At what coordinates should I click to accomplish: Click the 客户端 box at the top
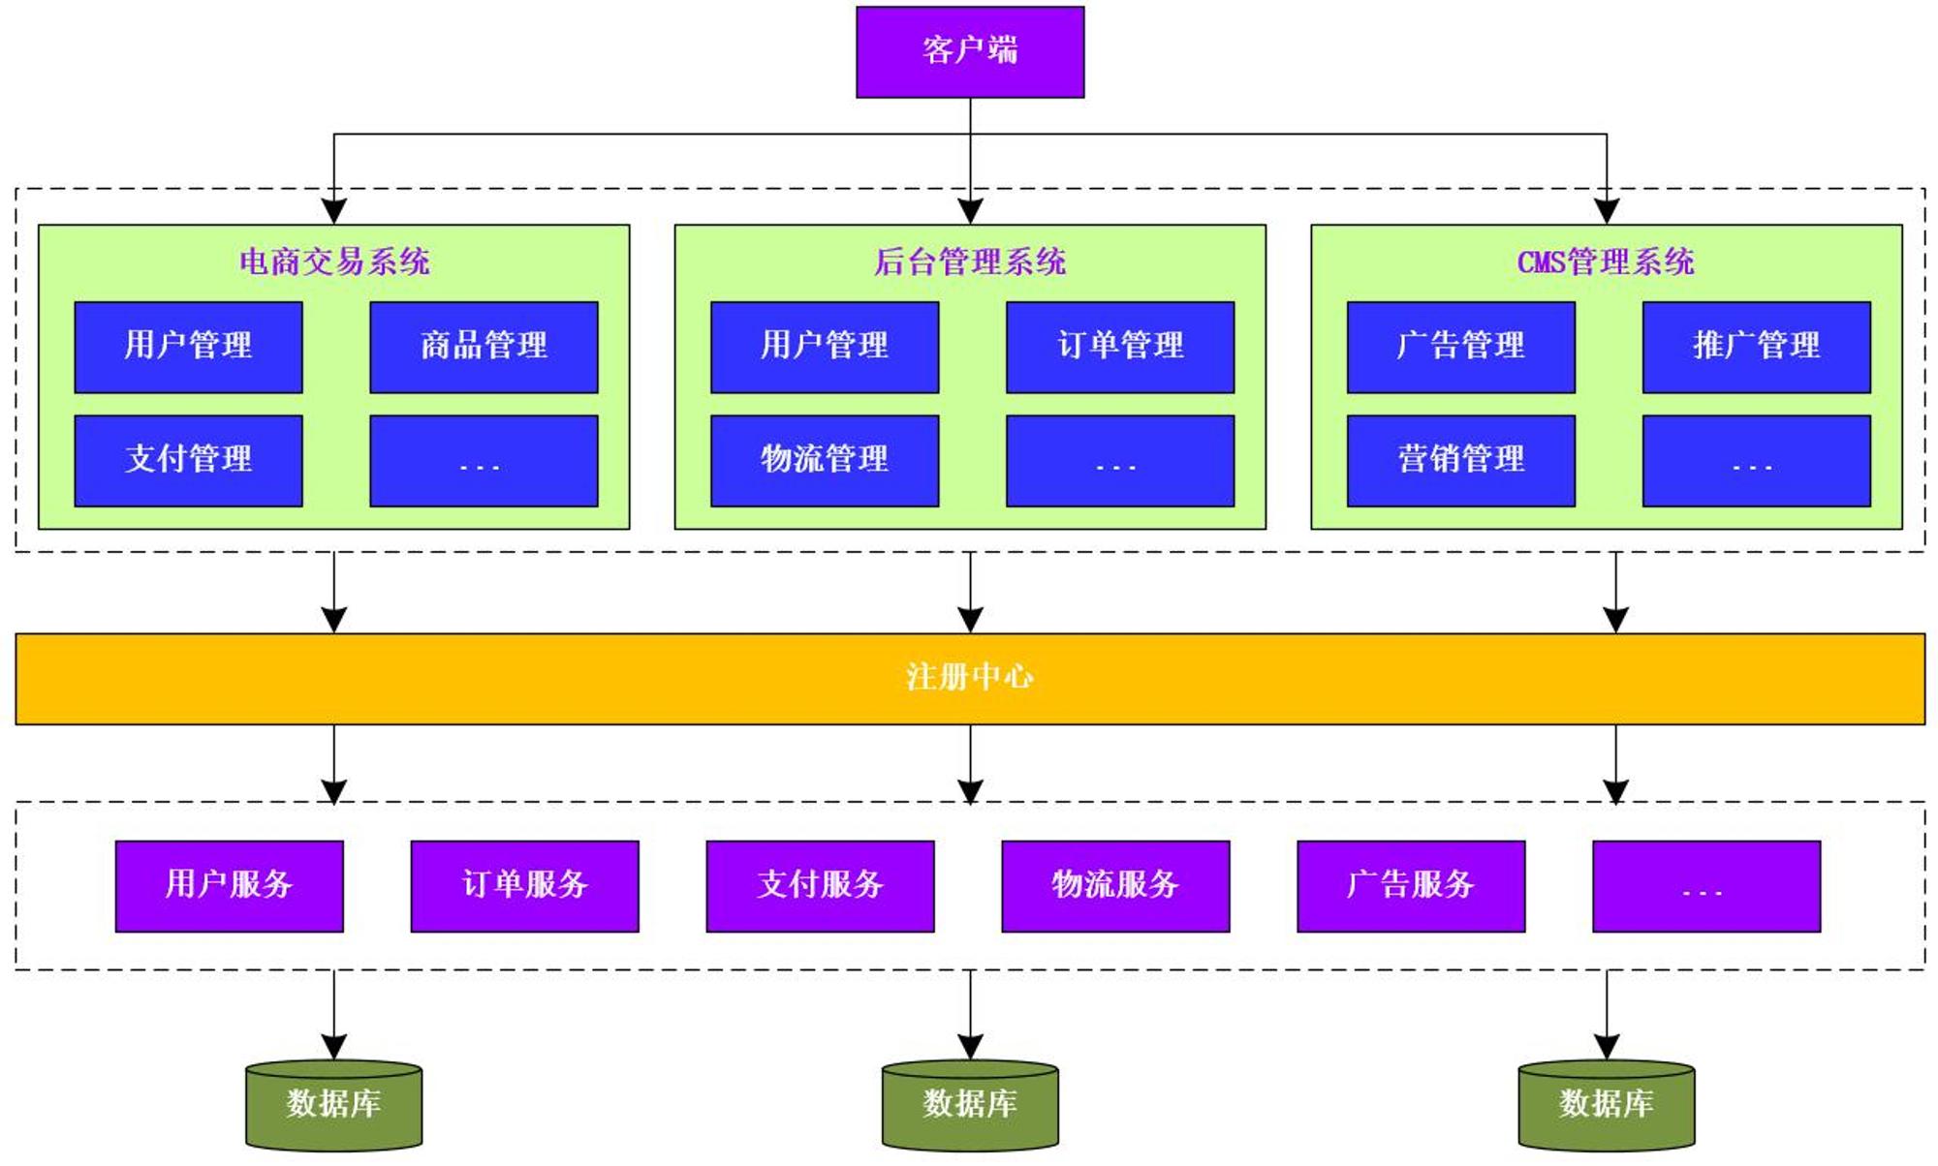(970, 52)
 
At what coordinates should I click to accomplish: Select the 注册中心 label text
(970, 677)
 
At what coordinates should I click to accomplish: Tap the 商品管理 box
(484, 348)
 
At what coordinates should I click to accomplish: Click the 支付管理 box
(188, 461)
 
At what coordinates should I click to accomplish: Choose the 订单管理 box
(1120, 348)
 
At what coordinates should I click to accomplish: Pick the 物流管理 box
(825, 461)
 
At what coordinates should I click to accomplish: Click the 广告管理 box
(1461, 348)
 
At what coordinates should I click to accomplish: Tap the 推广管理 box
(1757, 348)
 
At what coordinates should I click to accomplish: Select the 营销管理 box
(1461, 461)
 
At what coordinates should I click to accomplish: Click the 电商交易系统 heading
(334, 261)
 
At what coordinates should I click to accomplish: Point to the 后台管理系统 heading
(970, 261)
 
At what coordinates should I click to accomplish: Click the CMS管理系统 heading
(1606, 261)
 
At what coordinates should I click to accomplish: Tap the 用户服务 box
(230, 886)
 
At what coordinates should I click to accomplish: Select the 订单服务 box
(525, 886)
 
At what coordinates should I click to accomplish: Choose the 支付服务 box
(821, 886)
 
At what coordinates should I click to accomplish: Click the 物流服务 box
(1116, 886)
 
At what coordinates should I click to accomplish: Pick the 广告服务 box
(1412, 886)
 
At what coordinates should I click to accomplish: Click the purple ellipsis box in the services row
(1707, 886)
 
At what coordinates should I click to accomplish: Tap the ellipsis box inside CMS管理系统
(1757, 461)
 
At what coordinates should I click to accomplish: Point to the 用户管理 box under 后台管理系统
(825, 348)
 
